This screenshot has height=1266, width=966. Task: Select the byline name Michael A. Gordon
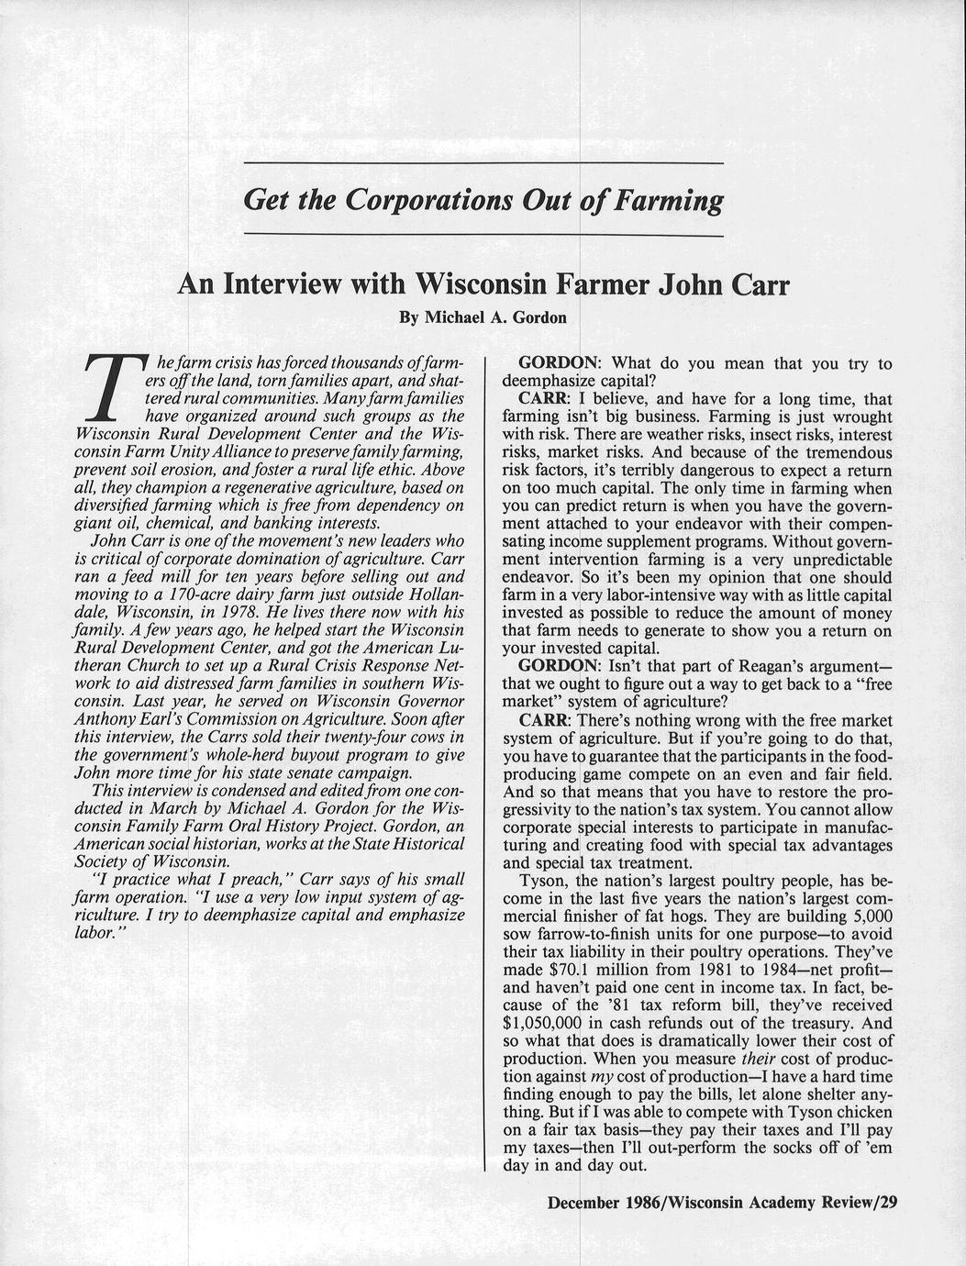497,318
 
